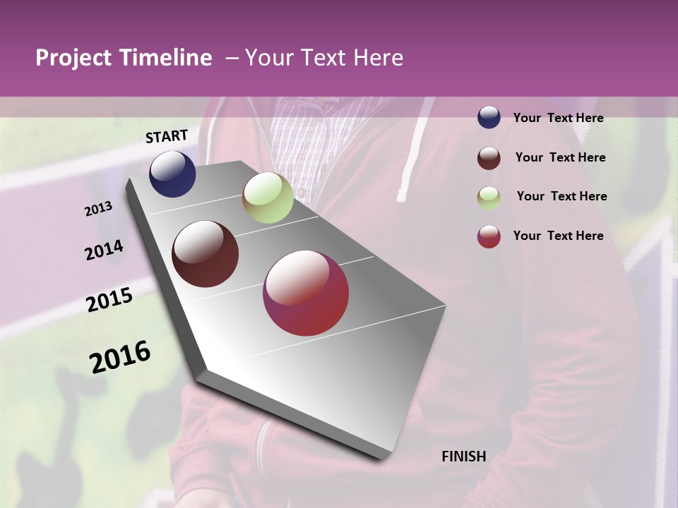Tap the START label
point(167,136)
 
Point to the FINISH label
point(464,456)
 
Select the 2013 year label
point(98,209)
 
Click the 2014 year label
point(104,250)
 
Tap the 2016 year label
point(120,357)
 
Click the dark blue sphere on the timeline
point(172,174)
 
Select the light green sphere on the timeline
point(268,198)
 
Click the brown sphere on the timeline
point(205,254)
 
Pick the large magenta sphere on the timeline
point(306,293)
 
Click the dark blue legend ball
point(489,117)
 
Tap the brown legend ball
point(489,157)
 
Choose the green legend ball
point(489,197)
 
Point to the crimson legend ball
point(489,236)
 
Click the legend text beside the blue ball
point(558,118)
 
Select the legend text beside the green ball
point(561,196)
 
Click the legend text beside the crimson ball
point(558,236)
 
